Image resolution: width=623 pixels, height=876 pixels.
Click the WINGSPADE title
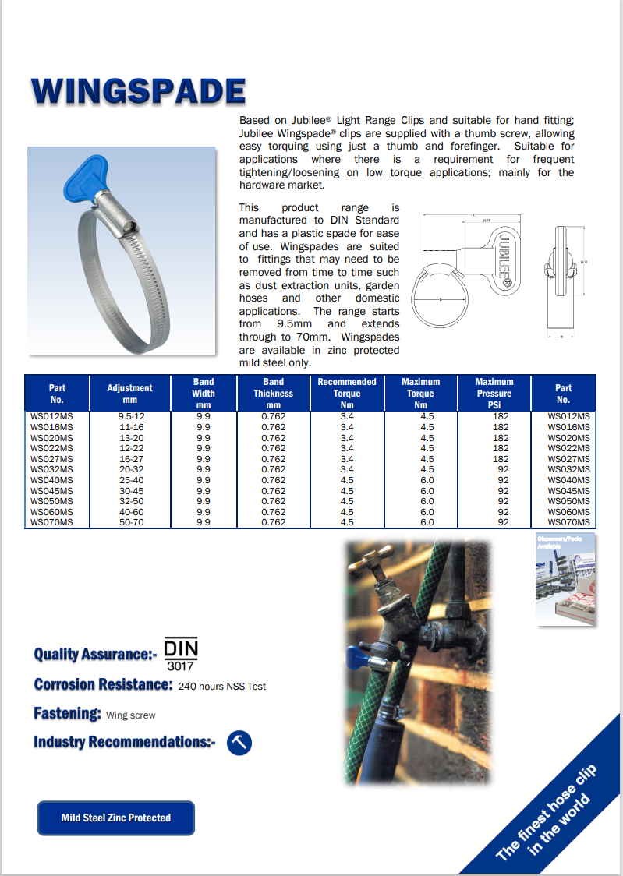click(138, 92)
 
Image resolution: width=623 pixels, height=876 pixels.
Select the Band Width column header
click(204, 394)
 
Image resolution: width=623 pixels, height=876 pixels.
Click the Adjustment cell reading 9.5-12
click(130, 417)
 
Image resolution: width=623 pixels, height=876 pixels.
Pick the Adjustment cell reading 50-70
click(130, 522)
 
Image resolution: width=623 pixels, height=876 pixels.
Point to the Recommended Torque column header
click(347, 394)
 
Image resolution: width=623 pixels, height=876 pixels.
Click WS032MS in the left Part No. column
click(51, 469)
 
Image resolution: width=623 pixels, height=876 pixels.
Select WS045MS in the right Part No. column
click(569, 491)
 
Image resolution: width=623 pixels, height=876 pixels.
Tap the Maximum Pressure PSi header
click(494, 394)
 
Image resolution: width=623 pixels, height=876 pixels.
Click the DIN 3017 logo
click(181, 655)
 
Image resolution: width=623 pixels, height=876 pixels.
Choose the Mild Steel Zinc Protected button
click(116, 818)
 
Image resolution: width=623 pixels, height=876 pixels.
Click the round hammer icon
click(239, 742)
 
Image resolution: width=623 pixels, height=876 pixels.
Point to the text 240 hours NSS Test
click(222, 687)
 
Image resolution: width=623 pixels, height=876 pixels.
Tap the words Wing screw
click(131, 715)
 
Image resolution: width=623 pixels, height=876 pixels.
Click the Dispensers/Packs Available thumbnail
click(566, 579)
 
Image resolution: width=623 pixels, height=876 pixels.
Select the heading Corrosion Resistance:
click(103, 685)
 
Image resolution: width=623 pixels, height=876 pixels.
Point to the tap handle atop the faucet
click(371, 557)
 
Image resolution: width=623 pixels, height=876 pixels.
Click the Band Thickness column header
click(274, 394)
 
